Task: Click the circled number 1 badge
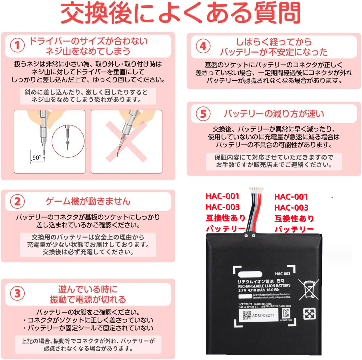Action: point(17,46)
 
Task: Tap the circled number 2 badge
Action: point(17,202)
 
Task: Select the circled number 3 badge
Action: point(17,293)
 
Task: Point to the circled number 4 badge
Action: point(203,46)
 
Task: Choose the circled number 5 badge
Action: point(203,114)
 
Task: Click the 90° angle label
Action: point(37,158)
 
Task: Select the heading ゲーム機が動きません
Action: point(88,201)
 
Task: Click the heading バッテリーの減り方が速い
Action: point(274,114)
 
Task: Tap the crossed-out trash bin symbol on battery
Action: point(308,289)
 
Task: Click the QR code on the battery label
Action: point(247,315)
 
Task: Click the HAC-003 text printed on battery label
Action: point(282,274)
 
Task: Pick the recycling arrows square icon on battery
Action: point(309,314)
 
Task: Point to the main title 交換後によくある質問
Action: point(181,13)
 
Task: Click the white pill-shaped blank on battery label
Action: point(250,274)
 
